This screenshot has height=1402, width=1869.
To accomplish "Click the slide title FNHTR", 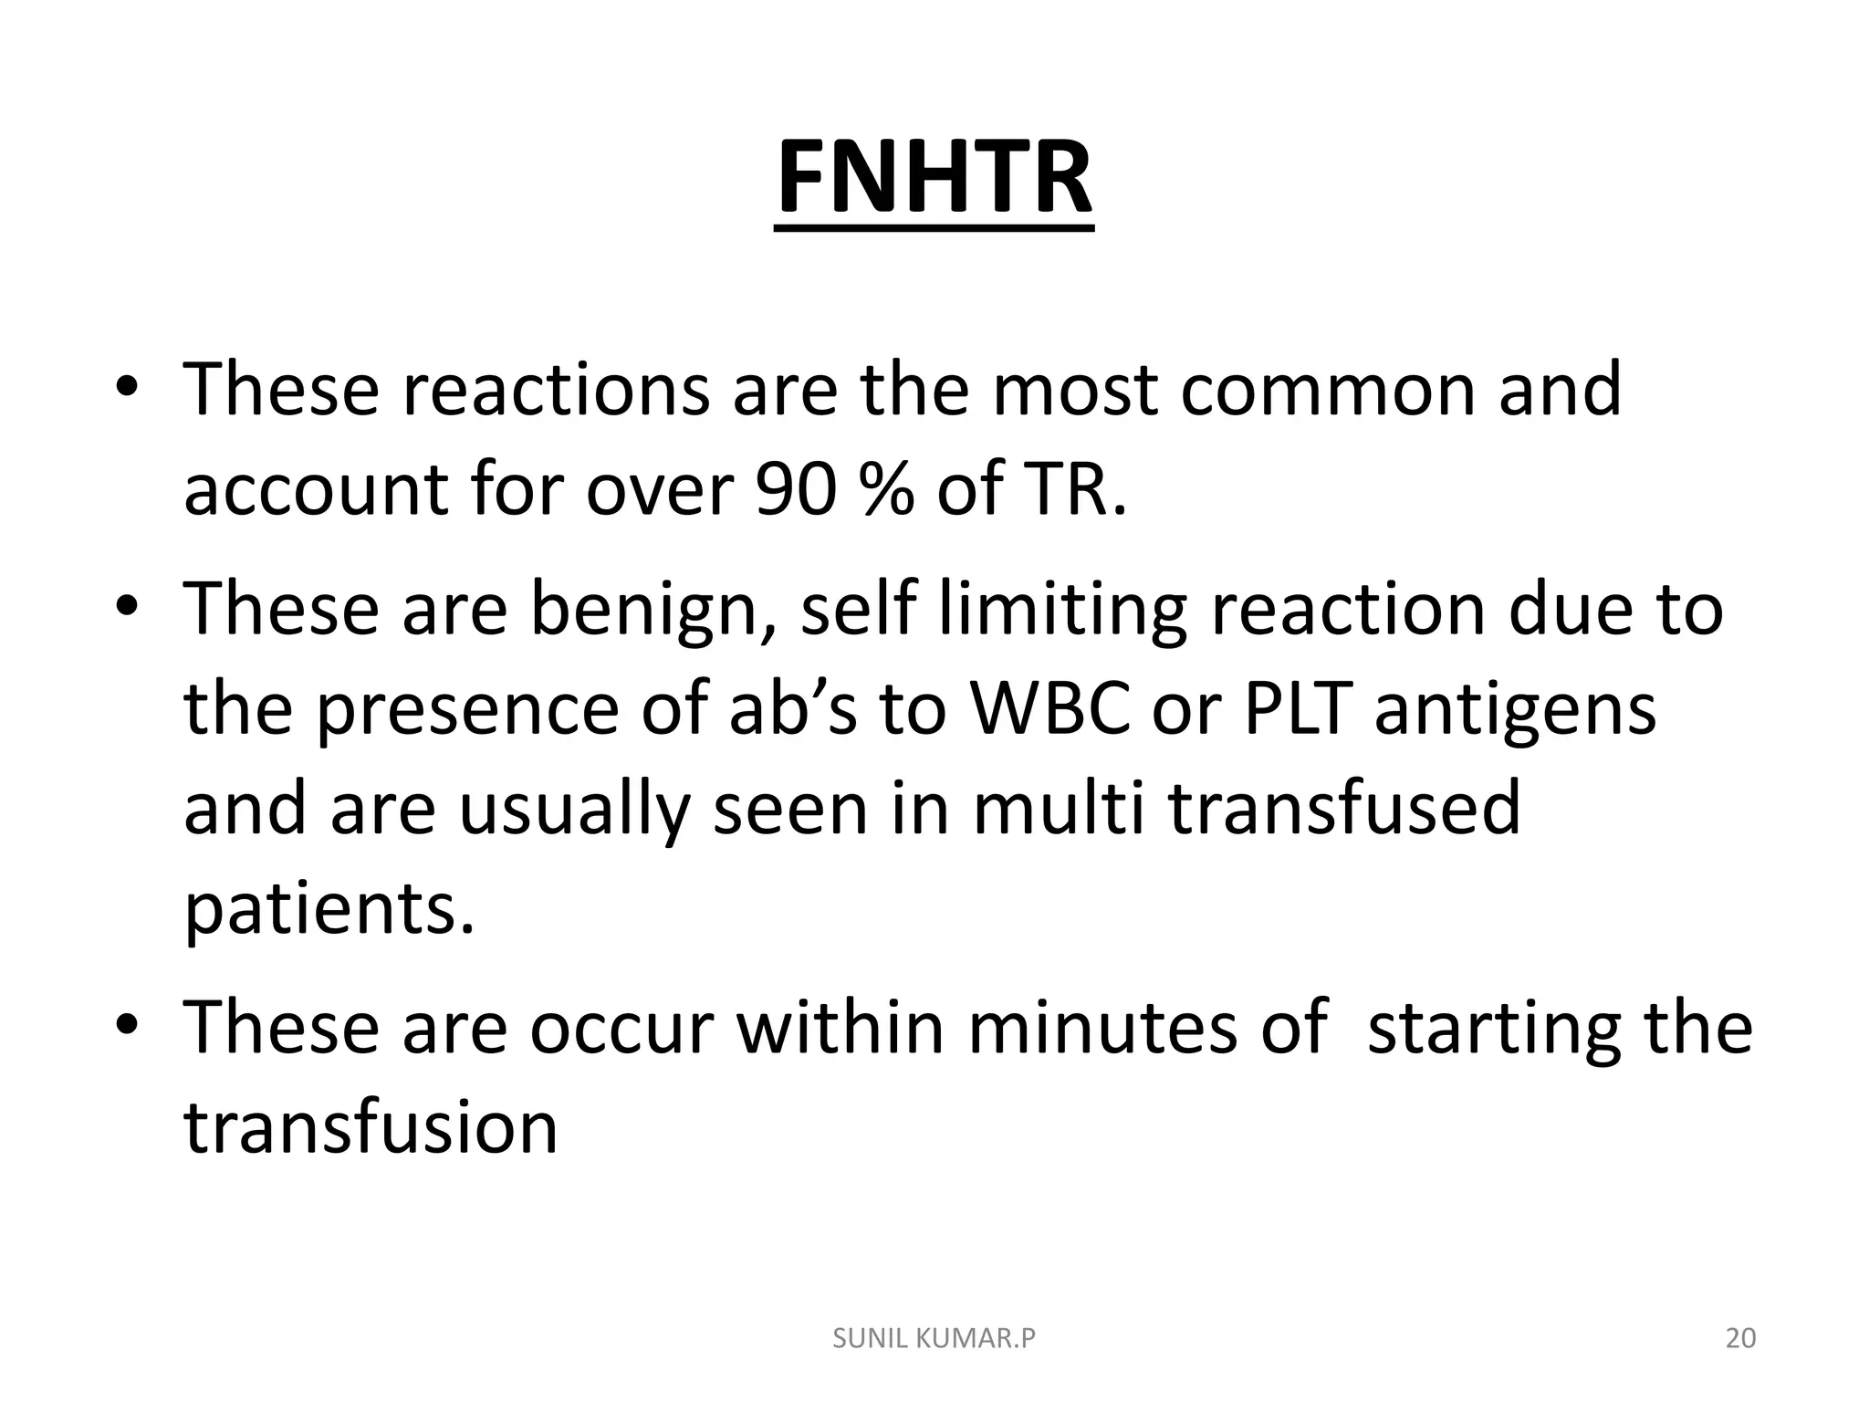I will coord(934,178).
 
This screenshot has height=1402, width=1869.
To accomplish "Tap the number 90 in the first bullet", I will coord(795,489).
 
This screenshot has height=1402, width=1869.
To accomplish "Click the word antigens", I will coord(1515,710).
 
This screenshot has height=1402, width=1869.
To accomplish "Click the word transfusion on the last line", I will coord(371,1127).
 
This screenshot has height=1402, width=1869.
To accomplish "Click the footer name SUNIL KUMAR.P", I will coord(934,1338).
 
